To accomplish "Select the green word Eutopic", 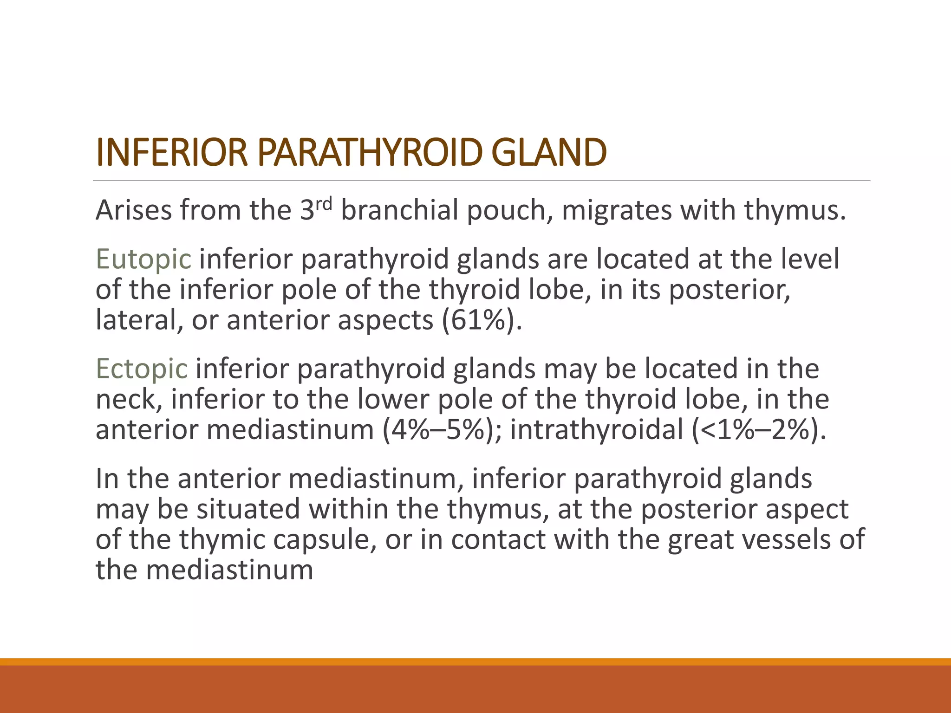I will point(143,259).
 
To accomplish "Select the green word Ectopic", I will point(142,369).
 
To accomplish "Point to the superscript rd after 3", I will point(325,203).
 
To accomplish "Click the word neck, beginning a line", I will point(129,400).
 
